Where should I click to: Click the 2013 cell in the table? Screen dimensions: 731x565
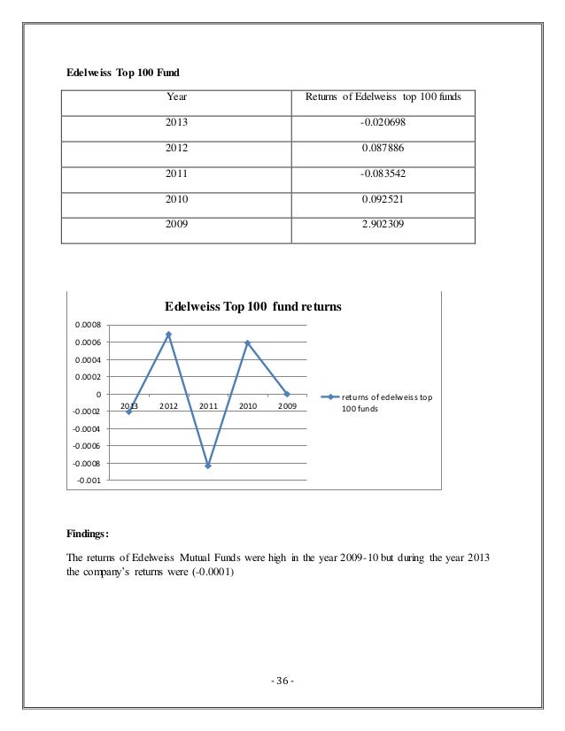click(175, 123)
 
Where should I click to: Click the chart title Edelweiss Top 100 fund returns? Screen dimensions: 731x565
click(253, 306)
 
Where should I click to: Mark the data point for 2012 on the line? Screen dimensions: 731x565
click(168, 335)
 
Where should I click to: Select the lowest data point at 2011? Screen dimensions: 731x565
click(208, 466)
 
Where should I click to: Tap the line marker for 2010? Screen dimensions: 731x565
click(247, 342)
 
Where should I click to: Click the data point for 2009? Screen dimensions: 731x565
click(287, 394)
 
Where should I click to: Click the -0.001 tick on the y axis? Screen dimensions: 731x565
click(89, 481)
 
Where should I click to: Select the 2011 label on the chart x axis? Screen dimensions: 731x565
click(208, 406)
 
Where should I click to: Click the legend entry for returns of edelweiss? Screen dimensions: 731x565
click(386, 403)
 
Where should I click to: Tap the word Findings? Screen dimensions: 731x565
click(86, 535)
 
